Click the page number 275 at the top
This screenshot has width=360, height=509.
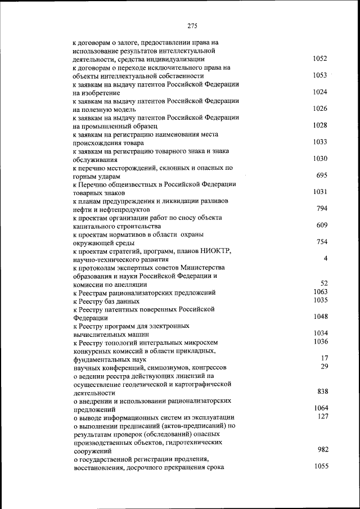click(x=192, y=25)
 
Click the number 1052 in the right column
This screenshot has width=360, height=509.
click(x=319, y=58)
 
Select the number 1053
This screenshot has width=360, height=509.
click(x=319, y=75)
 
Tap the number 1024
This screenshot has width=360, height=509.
click(x=319, y=92)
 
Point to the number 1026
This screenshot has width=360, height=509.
click(x=319, y=109)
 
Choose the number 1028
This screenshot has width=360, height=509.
click(x=319, y=125)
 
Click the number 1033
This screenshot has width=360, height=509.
click(x=319, y=142)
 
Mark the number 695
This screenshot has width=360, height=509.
click(x=322, y=175)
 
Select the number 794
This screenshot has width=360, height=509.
click(x=322, y=209)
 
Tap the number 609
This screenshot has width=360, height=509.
click(x=322, y=226)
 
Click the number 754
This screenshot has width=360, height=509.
click(x=322, y=242)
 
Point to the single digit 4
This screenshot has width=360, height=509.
click(x=326, y=259)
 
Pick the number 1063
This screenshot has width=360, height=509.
click(x=321, y=292)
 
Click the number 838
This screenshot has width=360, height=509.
click(x=322, y=391)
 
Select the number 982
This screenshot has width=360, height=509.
click(x=322, y=449)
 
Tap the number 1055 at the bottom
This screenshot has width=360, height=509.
click(x=321, y=466)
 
